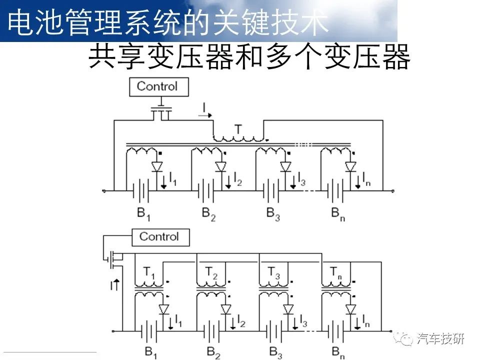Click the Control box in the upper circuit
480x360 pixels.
coord(158,87)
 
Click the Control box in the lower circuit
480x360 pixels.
coord(160,237)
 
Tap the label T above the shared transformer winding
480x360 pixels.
coord(238,129)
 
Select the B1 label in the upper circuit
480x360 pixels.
coord(143,214)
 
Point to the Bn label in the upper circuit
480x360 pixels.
coord(338,214)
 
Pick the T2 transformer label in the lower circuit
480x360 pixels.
coord(211,273)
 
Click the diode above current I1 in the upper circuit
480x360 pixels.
coord(157,166)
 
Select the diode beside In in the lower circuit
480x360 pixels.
coord(350,309)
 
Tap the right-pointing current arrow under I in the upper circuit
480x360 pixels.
coord(205,115)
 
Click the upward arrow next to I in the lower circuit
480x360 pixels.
coord(116,284)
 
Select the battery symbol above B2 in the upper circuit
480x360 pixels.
coord(206,190)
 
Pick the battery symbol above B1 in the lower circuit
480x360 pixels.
coord(149,331)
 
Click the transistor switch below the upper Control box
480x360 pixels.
coord(161,111)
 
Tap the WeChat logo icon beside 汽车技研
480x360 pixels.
coord(403,338)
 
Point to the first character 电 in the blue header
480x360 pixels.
coord(20,21)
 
